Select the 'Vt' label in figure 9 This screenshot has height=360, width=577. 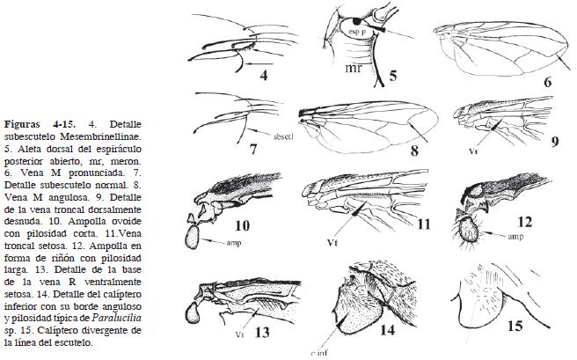[x=473, y=151]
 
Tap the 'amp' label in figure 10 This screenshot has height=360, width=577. [x=224, y=239]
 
